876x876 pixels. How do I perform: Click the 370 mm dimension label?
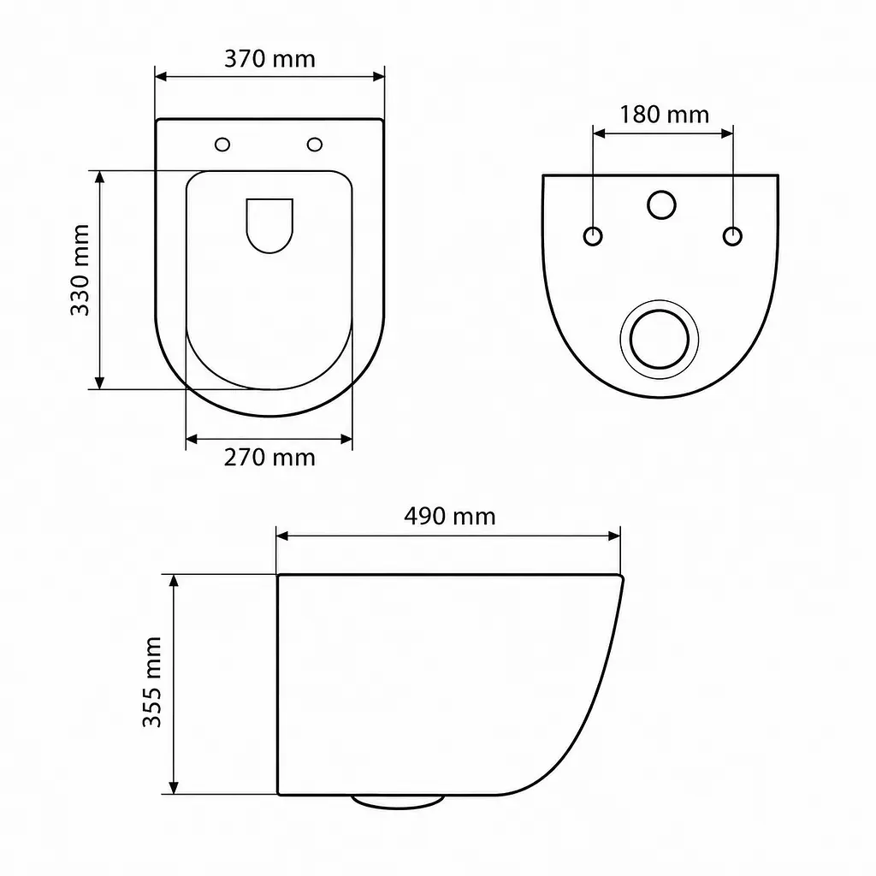pos(269,59)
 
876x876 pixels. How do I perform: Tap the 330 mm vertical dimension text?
pos(80,269)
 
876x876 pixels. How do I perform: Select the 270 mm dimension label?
pos(269,458)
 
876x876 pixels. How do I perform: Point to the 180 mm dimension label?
pos(664,115)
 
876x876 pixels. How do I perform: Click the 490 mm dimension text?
pos(450,516)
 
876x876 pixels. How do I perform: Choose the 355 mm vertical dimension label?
pos(152,682)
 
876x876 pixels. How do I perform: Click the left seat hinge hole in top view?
pos(222,145)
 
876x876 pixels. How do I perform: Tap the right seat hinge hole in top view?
pos(315,145)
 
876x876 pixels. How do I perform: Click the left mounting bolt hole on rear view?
pos(593,236)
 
